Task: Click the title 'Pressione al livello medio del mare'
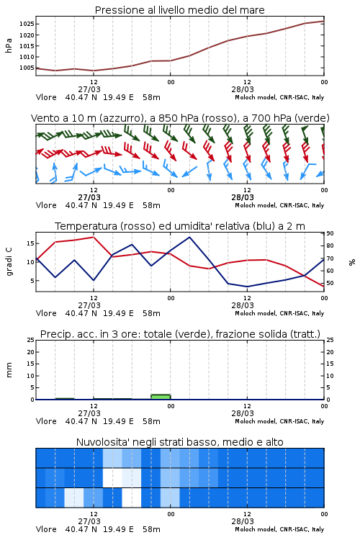point(180,10)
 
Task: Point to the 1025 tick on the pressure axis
point(27,24)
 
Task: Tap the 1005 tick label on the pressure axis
point(27,68)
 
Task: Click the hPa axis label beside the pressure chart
point(9,45)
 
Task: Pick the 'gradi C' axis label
point(9,262)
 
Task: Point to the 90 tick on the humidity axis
point(330,233)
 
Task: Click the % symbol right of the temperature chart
point(352,262)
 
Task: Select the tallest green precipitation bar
point(161,397)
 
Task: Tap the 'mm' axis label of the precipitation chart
point(9,370)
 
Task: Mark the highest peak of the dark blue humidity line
point(189,237)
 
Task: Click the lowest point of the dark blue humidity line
point(247,287)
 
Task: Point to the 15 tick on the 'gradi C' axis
point(30,243)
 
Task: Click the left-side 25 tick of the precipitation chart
point(31,340)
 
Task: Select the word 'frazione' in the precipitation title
point(231,334)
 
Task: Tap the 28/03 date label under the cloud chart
point(243,521)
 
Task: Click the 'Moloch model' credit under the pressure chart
point(256,97)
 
